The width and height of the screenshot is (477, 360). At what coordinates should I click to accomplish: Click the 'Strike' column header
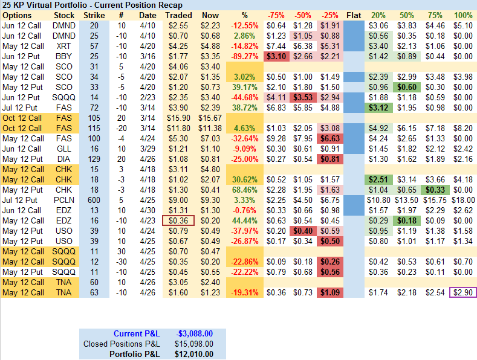(93, 15)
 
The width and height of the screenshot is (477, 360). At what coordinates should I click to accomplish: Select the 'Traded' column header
(178, 15)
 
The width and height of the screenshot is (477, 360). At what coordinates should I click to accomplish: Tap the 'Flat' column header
(355, 15)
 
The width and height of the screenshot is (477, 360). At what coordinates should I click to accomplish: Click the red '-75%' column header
(276, 15)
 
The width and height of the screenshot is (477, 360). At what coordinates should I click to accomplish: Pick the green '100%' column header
(462, 15)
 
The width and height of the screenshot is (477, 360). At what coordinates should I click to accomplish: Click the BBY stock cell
(63, 56)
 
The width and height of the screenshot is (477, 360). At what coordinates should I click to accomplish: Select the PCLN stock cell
(63, 200)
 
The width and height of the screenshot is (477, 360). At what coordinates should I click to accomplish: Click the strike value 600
(94, 200)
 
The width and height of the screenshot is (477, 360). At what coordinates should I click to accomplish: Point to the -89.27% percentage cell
(245, 56)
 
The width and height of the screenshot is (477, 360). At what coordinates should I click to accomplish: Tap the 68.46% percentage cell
(245, 190)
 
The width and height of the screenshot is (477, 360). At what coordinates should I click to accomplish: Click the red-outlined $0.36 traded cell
(178, 220)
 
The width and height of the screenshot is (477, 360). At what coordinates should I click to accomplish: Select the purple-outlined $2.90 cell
(462, 292)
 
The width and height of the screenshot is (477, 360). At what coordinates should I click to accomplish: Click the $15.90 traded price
(178, 118)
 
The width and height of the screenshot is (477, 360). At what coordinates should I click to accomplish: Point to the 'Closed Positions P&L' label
(122, 344)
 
